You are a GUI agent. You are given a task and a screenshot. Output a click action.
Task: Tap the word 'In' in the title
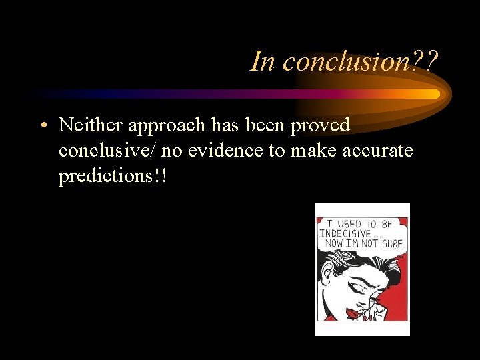click(x=262, y=62)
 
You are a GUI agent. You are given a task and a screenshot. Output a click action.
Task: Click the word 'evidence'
click(x=227, y=151)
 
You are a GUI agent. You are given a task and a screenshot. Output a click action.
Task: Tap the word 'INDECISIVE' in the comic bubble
click(x=347, y=234)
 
